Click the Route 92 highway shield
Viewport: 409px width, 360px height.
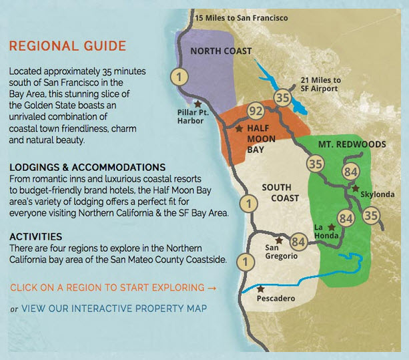tap(256, 112)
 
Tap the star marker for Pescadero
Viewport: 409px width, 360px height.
tap(261, 289)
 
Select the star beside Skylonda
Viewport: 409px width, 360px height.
tap(355, 188)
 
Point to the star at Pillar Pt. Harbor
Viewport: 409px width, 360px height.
tap(197, 104)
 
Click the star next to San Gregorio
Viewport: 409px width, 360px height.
tap(279, 240)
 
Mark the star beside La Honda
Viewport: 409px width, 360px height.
tap(332, 227)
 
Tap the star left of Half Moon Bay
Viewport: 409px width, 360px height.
tap(239, 128)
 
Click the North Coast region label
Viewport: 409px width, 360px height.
tap(221, 51)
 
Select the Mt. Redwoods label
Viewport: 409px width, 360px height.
tap(352, 144)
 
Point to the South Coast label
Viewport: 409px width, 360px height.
tap(280, 192)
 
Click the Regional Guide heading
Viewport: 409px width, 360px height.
tap(67, 46)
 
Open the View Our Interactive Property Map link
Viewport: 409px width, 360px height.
tap(114, 309)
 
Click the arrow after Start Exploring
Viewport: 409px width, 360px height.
tap(212, 288)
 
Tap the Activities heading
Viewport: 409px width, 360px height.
tap(36, 237)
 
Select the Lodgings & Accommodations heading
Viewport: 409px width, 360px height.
tap(87, 168)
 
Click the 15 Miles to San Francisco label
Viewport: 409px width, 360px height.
tap(242, 18)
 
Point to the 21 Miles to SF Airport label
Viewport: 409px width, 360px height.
tap(320, 84)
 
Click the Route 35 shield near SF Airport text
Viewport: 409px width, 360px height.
tap(282, 98)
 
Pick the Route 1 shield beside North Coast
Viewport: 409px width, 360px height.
tap(179, 77)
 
